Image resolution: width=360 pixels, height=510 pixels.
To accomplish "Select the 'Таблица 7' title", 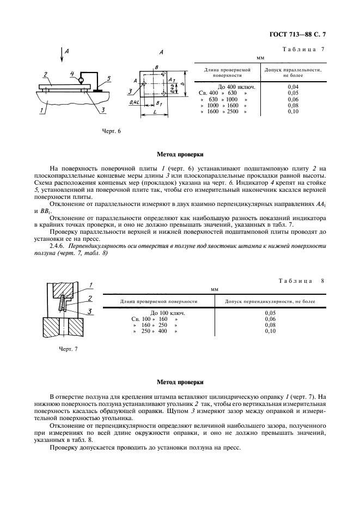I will pyautogui.click(x=303, y=50).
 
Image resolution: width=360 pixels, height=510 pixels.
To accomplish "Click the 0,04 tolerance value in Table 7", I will pyautogui.click(x=292, y=87).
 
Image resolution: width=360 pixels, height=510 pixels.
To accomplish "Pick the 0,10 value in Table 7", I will pyautogui.click(x=292, y=111).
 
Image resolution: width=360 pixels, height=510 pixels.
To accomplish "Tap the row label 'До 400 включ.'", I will pyautogui.click(x=237, y=87).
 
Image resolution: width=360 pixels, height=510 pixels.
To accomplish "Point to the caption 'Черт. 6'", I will pyautogui.click(x=112, y=131).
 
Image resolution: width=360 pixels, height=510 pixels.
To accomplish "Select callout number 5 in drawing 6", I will pyautogui.click(x=108, y=78).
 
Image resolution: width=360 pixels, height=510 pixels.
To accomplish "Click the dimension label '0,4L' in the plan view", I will pyautogui.click(x=133, y=102).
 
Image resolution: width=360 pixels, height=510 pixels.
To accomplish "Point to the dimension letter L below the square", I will pyautogui.click(x=156, y=112).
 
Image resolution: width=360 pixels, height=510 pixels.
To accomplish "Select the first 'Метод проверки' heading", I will pyautogui.click(x=180, y=154).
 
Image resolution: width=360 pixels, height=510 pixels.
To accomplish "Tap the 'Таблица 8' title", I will pyautogui.click(x=301, y=281).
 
